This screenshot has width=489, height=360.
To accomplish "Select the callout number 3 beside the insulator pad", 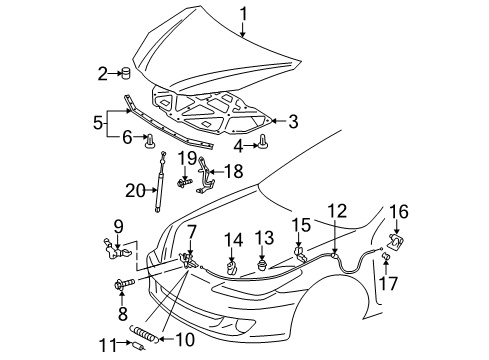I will coord(293,121).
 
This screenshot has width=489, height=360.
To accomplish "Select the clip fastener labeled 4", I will coord(262,145).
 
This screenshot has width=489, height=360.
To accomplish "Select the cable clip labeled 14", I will coord(233,268).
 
